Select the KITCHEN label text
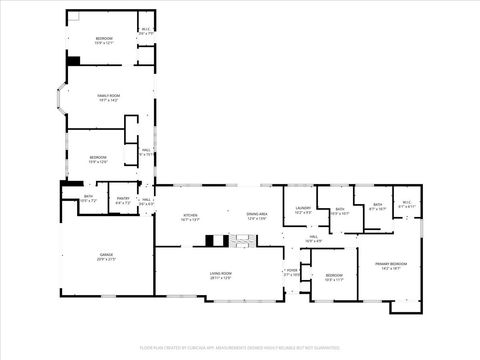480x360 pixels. point(190,215)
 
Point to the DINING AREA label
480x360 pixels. point(259,215)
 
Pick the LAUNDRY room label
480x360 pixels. point(303,209)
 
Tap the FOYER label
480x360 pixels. point(292,271)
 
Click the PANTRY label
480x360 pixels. point(123,199)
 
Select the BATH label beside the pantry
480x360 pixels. point(88,198)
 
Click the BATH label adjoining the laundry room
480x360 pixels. point(340,210)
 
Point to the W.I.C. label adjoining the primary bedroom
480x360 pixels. point(406,205)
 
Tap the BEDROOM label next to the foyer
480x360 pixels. point(334,277)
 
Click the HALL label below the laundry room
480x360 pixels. point(313,239)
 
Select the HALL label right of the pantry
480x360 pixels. point(146,200)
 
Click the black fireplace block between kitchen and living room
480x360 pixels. point(211,240)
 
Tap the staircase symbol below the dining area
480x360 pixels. point(241,240)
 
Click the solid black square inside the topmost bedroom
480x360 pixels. point(73,60)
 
